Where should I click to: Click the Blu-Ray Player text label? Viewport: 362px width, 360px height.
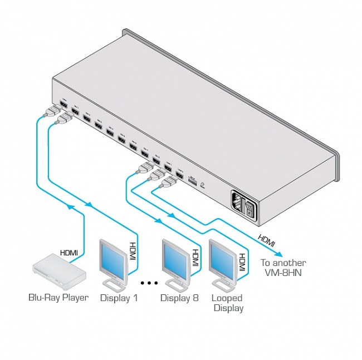(58, 297)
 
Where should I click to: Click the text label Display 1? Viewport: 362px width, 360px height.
(119, 297)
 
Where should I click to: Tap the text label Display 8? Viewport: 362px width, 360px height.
(179, 297)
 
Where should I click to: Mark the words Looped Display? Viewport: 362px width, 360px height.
(227, 303)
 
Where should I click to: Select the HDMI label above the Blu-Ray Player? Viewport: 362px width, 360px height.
(69, 253)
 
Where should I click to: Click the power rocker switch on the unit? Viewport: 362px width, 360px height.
(249, 210)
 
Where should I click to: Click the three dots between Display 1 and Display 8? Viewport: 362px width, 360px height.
(149, 283)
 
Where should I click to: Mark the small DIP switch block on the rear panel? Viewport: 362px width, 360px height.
(192, 180)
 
